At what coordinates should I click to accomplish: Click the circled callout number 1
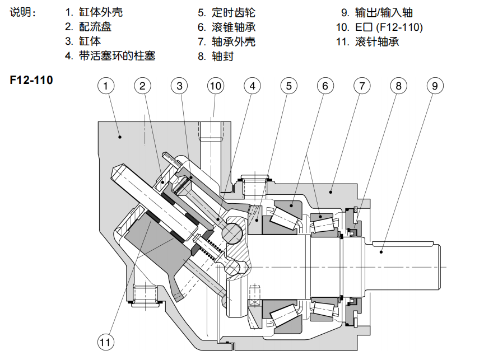click(x=106, y=86)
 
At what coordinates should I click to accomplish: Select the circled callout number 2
click(x=143, y=86)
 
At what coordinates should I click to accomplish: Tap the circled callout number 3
click(x=179, y=86)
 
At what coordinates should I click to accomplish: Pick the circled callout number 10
click(x=216, y=86)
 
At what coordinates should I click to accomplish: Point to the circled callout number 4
click(x=252, y=86)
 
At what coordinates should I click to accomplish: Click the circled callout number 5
click(x=288, y=86)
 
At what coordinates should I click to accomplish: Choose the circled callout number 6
click(x=325, y=86)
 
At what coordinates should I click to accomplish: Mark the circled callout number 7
click(x=362, y=86)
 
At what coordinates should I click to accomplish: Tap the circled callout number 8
click(x=398, y=86)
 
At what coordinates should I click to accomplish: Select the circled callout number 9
click(x=435, y=86)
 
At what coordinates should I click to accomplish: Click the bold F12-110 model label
click(x=31, y=80)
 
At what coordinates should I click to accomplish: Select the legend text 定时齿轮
click(x=234, y=12)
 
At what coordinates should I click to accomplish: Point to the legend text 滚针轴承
click(x=377, y=41)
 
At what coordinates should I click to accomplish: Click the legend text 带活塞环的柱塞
click(x=117, y=56)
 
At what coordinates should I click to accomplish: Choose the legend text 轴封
click(x=222, y=56)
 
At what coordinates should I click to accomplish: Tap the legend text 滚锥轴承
click(x=234, y=27)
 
